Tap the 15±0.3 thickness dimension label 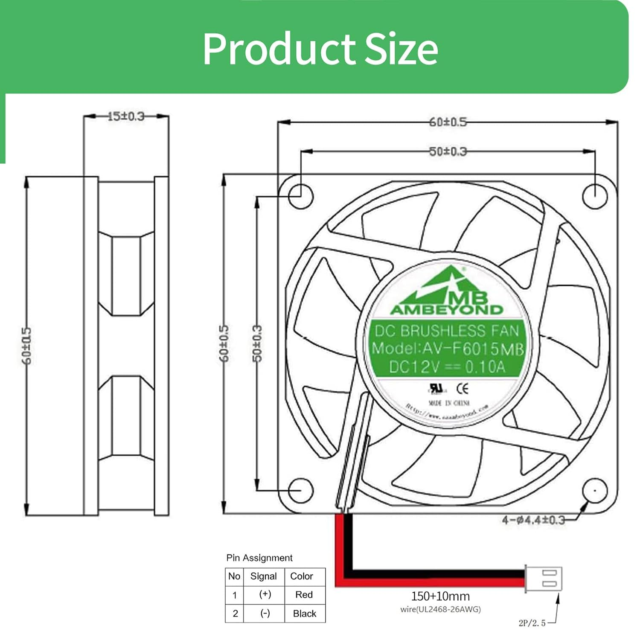126,116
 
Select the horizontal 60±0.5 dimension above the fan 448,122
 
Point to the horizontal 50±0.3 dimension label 448,151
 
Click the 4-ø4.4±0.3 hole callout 533,520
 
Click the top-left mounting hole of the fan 301,196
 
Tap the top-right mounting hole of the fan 595,196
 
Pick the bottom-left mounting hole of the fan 301,490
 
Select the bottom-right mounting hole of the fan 595,490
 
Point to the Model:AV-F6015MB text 447,349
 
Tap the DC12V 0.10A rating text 447,367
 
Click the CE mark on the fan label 463,388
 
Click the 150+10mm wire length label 440,596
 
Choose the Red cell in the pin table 304,594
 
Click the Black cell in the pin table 305,613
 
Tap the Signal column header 263,576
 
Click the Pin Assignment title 259,558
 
